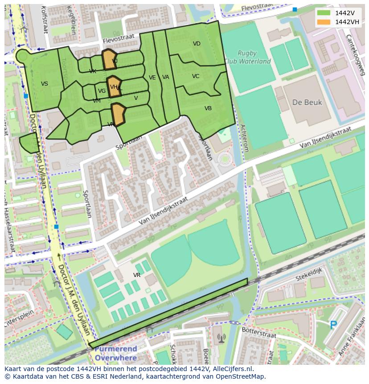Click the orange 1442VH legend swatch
(x=324, y=22)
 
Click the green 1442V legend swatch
(x=324, y=13)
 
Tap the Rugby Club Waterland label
(x=247, y=57)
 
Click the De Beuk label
(x=307, y=103)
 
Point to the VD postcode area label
(x=197, y=44)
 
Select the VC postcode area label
(x=196, y=76)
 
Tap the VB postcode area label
(x=208, y=108)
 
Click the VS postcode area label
(x=45, y=84)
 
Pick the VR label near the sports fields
(x=137, y=275)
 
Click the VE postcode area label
(x=152, y=78)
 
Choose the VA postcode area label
(x=166, y=77)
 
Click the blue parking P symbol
(x=333, y=325)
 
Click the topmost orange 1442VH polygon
(x=109, y=60)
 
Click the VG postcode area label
(x=102, y=91)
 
